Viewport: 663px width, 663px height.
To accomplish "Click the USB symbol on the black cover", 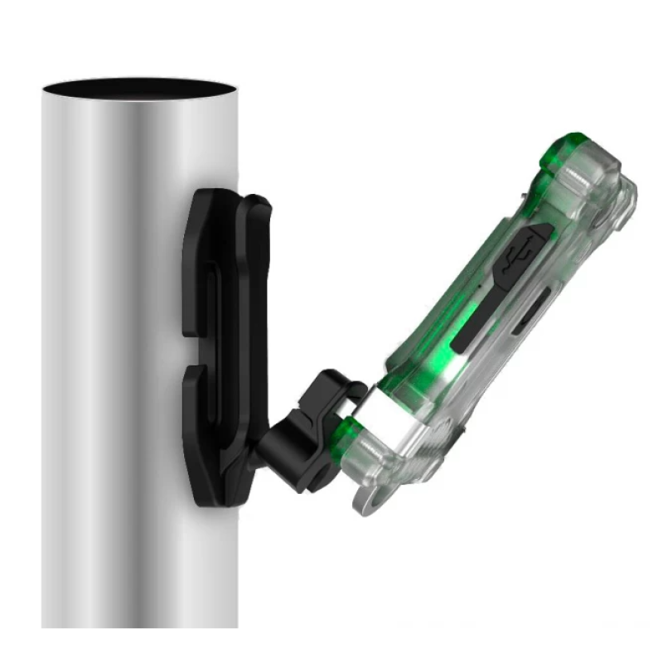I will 520,250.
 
